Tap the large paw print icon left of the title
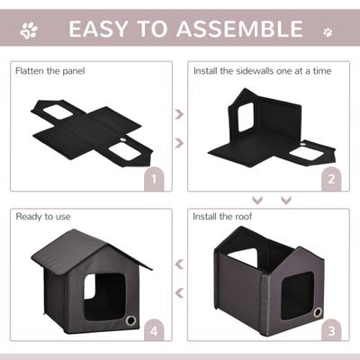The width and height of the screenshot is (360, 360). [30, 31]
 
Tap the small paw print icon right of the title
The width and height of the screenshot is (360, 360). [328, 32]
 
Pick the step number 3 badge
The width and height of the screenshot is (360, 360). [331, 331]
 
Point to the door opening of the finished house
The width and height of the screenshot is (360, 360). [98, 293]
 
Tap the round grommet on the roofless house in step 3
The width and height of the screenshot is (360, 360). [318, 312]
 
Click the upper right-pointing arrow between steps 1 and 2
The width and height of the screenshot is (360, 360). [178, 115]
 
